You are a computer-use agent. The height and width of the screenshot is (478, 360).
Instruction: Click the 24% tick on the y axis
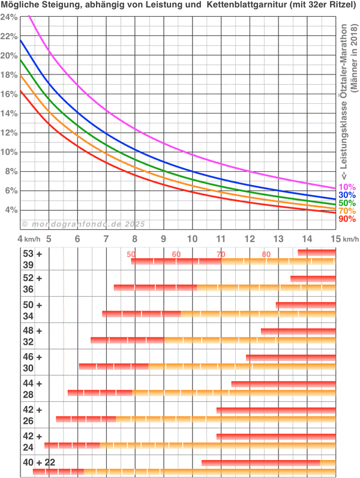(8, 17)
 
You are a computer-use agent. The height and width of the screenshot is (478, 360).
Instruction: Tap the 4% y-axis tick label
(11, 210)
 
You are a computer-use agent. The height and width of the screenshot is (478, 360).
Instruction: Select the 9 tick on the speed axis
(164, 238)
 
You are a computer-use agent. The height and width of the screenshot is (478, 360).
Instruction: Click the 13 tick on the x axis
(278, 238)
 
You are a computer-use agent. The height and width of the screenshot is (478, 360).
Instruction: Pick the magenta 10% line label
(346, 187)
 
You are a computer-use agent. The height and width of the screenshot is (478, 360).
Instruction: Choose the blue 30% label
(347, 195)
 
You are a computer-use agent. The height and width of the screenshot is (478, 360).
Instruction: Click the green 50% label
(347, 204)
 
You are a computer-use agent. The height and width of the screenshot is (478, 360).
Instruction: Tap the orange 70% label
(347, 211)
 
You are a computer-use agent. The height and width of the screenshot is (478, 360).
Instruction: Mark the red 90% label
(347, 220)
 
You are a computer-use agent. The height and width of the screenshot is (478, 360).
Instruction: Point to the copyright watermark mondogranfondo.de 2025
(84, 223)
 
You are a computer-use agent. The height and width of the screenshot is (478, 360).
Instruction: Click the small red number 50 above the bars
(131, 255)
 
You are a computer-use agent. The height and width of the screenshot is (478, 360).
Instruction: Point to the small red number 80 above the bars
(266, 255)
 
